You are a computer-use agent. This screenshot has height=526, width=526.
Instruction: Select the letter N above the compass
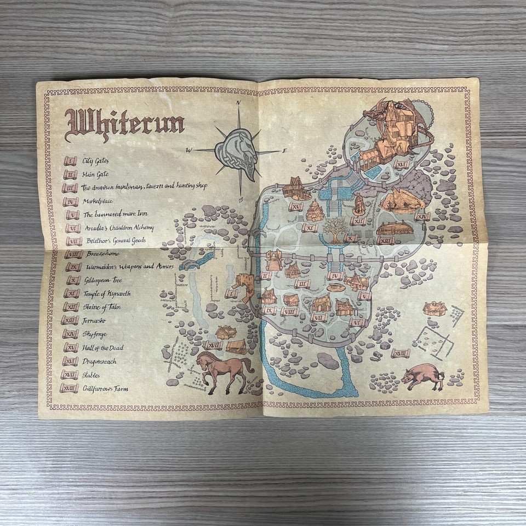click(239, 102)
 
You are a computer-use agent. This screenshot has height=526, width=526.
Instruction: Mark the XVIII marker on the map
click(401, 353)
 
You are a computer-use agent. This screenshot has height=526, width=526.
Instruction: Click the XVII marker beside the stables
click(212, 345)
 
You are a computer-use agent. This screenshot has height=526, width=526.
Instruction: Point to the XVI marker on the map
click(402, 164)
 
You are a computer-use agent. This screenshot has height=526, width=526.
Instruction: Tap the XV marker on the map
click(296, 207)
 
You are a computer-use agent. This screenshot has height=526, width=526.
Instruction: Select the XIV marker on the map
click(421, 216)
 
